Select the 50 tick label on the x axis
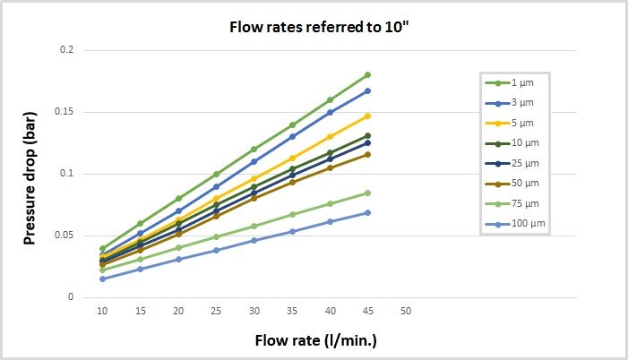406,310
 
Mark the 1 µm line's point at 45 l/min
367,74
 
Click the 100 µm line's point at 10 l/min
102,279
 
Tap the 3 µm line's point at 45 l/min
367,90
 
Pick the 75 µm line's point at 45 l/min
367,193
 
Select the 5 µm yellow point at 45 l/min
367,116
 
